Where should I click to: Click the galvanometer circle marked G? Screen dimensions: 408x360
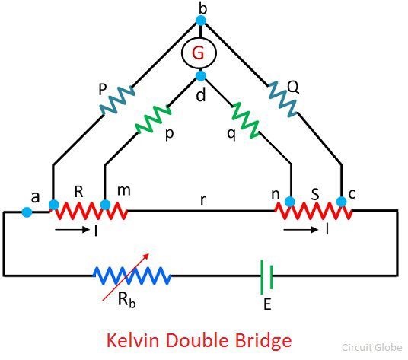click(199, 36)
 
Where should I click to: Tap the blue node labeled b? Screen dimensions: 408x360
click(201, 21)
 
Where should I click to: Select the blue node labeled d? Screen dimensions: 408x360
click(201, 75)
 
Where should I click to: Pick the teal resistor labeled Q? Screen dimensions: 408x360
click(282, 99)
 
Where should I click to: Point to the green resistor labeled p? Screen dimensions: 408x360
click(153, 119)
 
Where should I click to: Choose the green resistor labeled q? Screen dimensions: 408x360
click(245, 120)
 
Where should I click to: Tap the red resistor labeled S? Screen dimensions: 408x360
click(314, 211)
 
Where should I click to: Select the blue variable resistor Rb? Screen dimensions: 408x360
click(132, 276)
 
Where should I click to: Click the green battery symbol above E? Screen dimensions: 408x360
click(266, 277)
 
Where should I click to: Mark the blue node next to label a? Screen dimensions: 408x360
click(27, 212)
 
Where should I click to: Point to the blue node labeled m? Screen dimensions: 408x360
click(105, 205)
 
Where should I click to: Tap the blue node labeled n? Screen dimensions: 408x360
click(289, 202)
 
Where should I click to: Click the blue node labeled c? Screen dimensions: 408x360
click(341, 202)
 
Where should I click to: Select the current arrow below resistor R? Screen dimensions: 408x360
click(72, 229)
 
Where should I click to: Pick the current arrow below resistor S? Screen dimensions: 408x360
click(301, 229)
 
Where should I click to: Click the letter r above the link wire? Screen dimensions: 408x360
click(203, 199)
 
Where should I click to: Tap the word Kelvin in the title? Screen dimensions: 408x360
click(133, 340)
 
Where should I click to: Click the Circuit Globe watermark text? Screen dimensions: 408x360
click(371, 347)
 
